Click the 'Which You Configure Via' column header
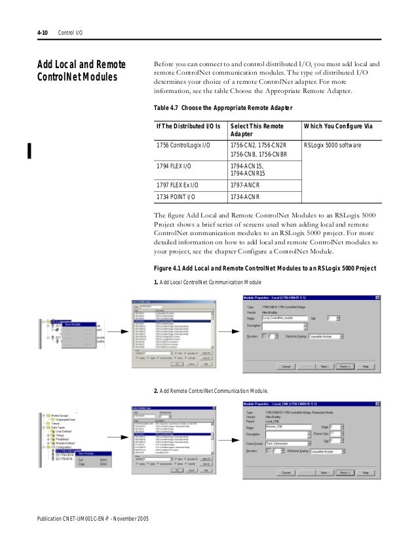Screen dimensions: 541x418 click(x=341, y=125)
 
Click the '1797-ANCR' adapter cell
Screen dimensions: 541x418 click(x=246, y=185)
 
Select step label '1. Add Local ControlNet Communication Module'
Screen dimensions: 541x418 click(x=206, y=283)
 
